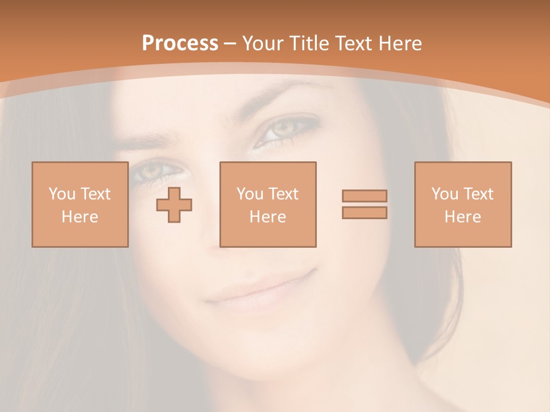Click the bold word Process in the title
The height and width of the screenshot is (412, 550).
(x=180, y=43)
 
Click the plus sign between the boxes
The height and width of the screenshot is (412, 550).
(x=174, y=204)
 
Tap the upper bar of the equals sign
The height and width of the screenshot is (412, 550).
(x=364, y=196)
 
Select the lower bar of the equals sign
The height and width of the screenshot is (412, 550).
(x=364, y=213)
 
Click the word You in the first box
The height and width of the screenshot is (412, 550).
(x=62, y=194)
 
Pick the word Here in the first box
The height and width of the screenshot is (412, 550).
(x=80, y=217)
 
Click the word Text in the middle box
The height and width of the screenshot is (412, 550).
(x=284, y=194)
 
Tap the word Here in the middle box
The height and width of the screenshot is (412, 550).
(x=268, y=217)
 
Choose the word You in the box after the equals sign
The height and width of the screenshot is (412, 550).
(x=445, y=194)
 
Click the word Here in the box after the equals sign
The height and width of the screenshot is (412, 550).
(x=462, y=217)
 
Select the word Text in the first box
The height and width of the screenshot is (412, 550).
(x=96, y=194)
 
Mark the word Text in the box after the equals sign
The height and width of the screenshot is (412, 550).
(x=479, y=194)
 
